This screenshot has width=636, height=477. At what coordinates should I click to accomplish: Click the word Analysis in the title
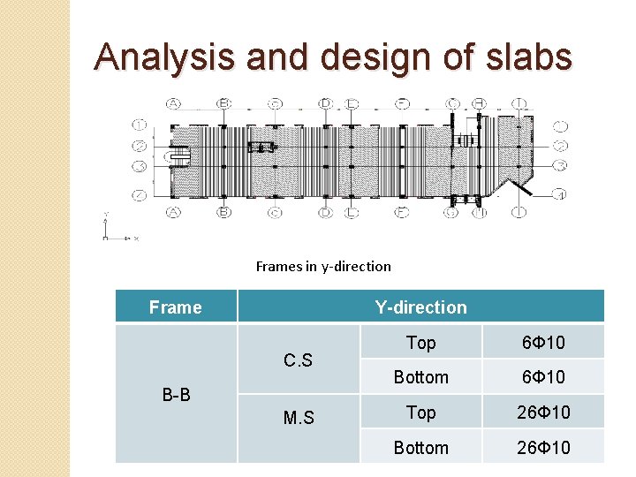(x=164, y=57)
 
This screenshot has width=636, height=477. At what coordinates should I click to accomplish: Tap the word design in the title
(x=371, y=57)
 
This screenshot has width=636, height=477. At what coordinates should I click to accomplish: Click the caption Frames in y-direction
(x=323, y=266)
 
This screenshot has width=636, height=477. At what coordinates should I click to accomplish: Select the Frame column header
(x=175, y=307)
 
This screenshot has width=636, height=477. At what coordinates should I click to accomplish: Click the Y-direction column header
(x=420, y=307)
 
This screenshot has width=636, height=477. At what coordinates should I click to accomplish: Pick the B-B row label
(x=177, y=395)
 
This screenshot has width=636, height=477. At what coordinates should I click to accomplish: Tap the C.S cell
(x=298, y=360)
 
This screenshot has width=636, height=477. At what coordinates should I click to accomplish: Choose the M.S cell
(x=298, y=418)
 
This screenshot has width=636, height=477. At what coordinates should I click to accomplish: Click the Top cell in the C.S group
(x=420, y=343)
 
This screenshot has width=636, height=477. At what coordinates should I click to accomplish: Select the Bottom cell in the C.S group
(x=420, y=377)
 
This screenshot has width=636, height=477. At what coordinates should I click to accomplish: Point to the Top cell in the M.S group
(x=420, y=413)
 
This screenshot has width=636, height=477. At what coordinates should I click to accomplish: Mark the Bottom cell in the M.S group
(x=420, y=448)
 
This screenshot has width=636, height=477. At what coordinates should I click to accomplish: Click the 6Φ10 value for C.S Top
(x=543, y=343)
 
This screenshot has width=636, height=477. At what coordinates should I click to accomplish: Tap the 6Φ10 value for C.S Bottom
(x=543, y=377)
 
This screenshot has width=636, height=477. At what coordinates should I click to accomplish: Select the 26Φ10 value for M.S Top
(x=543, y=413)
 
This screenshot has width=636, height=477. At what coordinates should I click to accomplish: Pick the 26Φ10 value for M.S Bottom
(x=543, y=448)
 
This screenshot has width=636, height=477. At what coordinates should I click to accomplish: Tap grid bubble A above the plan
(x=173, y=103)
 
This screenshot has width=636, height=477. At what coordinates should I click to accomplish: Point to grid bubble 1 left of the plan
(x=140, y=125)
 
